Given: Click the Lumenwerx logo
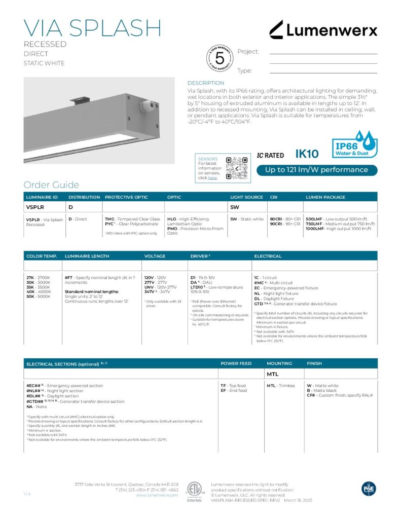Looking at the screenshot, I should (323, 30).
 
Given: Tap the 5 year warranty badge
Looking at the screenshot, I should (220, 58).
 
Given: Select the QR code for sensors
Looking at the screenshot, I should (235, 167).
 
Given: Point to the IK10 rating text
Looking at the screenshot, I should (307, 154).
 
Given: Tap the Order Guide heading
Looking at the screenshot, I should (51, 184).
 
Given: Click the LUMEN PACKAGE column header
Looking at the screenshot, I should (325, 197).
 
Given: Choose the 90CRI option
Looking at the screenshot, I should (277, 224).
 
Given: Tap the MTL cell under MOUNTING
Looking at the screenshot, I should (273, 374).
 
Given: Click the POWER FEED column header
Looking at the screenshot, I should (236, 363).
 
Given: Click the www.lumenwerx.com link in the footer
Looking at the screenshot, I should (157, 495).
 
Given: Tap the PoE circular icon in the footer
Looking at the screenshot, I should (369, 488).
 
